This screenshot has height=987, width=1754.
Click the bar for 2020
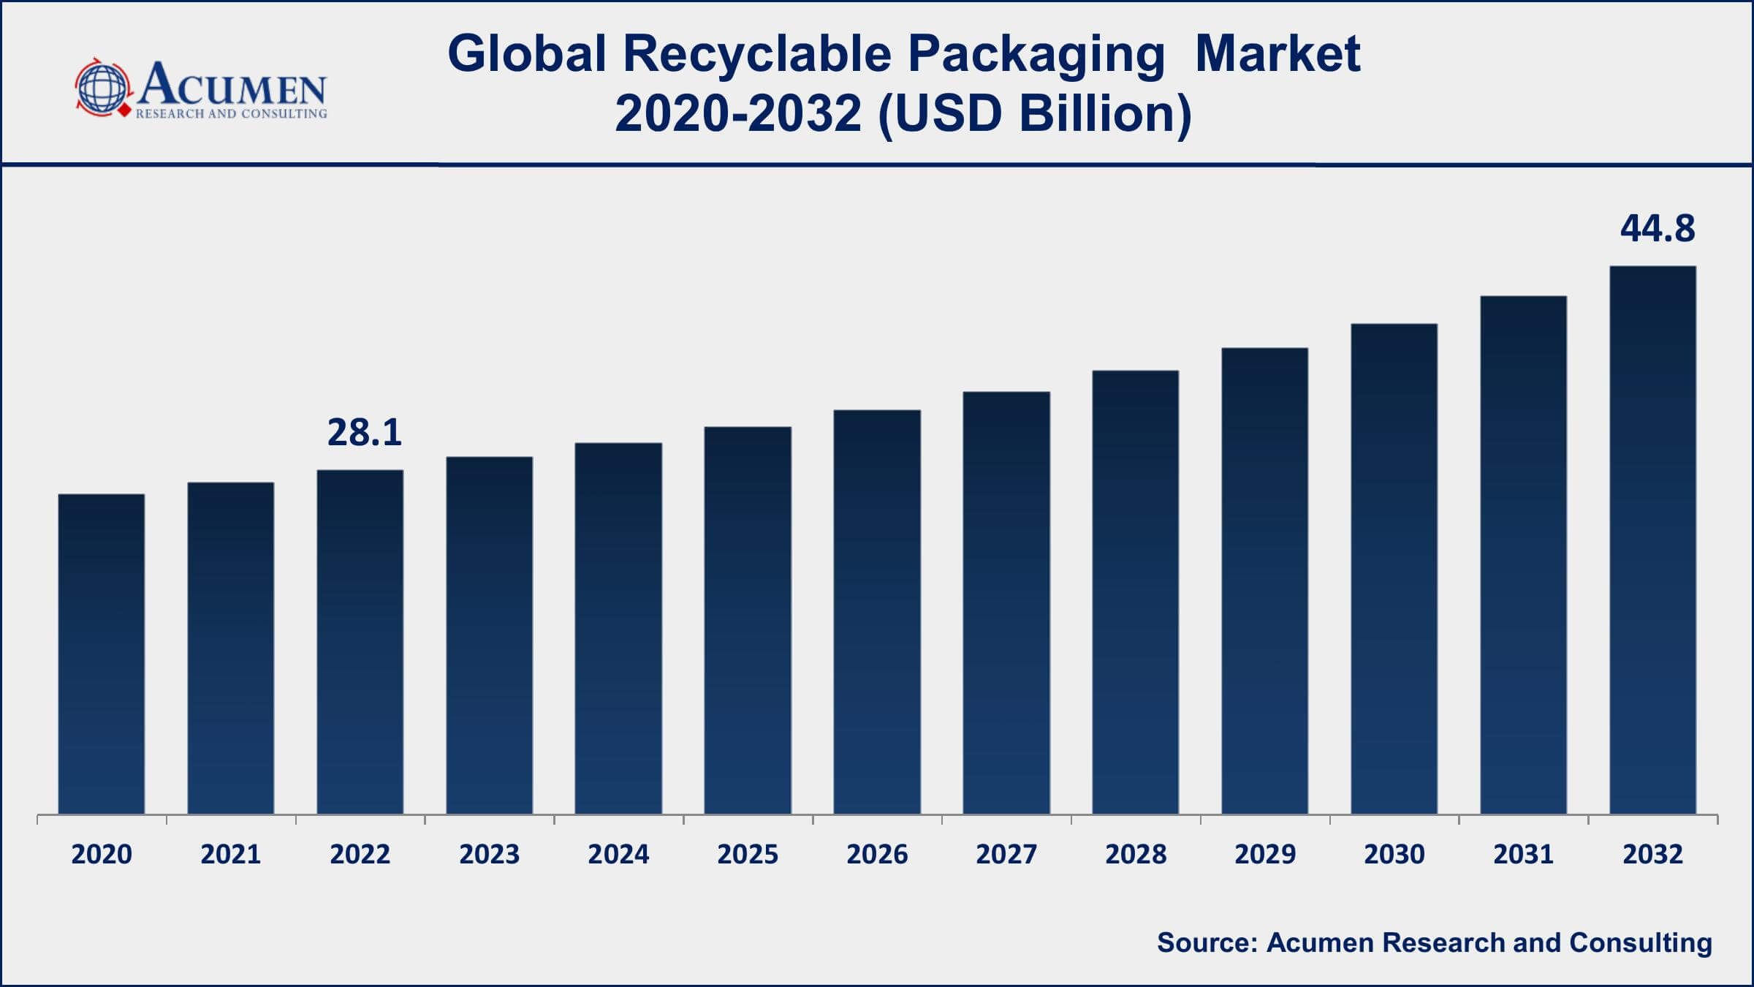click(102, 654)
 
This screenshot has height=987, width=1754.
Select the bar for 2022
click(360, 642)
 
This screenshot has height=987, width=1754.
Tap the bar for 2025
click(748, 621)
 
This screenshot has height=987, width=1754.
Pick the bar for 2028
click(1136, 592)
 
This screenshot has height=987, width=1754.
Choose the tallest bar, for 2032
click(1653, 540)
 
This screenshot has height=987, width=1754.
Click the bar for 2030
click(1394, 569)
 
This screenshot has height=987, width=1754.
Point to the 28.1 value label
click(364, 432)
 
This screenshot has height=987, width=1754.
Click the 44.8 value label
click(1658, 228)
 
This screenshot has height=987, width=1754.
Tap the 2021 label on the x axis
click(231, 854)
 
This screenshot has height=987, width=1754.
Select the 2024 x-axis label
click(618, 854)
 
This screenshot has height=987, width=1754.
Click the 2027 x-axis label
click(1006, 854)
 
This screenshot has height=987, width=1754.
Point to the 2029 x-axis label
click(1265, 854)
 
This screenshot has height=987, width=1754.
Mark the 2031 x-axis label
click(1524, 854)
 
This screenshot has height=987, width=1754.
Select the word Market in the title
click(1277, 54)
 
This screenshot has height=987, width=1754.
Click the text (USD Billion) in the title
click(1034, 114)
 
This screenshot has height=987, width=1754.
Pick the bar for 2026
click(877, 612)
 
